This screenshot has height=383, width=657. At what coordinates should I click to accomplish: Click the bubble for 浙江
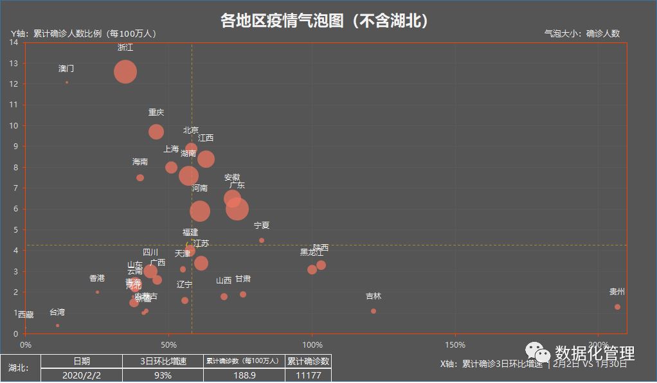coord(125,72)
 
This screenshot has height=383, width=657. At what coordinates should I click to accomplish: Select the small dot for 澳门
coord(67,82)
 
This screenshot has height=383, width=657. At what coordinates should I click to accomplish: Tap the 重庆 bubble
coord(156,132)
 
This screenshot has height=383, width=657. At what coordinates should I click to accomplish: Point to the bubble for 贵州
coord(617,307)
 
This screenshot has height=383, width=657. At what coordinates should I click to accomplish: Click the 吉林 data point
coord(373,311)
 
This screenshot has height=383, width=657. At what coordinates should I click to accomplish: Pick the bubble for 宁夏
coord(262,240)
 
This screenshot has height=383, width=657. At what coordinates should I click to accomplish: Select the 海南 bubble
coord(140,178)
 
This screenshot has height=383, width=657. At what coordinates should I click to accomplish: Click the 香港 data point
coord(97,292)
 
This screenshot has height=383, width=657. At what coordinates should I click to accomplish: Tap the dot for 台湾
coord(57,326)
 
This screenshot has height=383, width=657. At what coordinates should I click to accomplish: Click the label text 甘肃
coord(243,279)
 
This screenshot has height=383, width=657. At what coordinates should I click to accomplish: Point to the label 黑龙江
coord(312,253)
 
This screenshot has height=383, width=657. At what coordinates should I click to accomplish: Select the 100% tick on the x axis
coord(312,345)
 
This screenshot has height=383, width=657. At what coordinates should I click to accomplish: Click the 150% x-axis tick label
coord(455,345)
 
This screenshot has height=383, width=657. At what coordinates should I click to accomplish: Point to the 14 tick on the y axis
coord(14,42)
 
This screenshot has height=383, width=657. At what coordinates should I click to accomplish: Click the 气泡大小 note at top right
coord(582,33)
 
